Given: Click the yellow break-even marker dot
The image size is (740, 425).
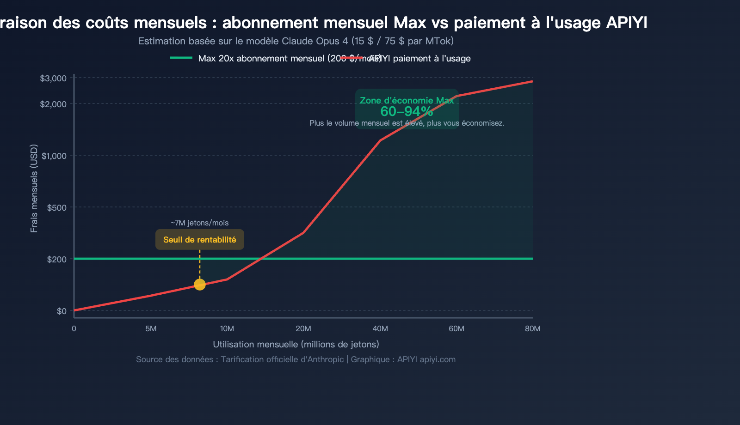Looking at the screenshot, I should [199, 285].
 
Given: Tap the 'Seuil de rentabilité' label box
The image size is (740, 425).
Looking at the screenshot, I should [199, 240].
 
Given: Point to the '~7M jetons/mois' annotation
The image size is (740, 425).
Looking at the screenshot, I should [199, 223].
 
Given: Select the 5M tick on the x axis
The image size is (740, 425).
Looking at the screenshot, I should [151, 329].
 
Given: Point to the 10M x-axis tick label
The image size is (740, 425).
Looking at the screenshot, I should [227, 329].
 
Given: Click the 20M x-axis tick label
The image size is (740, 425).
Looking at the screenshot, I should [303, 329].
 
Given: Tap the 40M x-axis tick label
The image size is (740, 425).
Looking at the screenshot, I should [380, 329].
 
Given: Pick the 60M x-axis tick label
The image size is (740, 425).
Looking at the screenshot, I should [456, 329].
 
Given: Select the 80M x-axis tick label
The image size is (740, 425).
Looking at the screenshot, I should [533, 329].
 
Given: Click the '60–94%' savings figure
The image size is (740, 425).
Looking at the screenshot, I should [407, 111].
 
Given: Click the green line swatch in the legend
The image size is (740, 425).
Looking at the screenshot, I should [181, 58].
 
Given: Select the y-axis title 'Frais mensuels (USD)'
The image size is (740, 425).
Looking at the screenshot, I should [34, 188].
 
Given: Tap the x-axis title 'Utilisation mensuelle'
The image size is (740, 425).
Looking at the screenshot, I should [296, 344].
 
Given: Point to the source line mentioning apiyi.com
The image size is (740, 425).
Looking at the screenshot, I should [296, 359].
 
